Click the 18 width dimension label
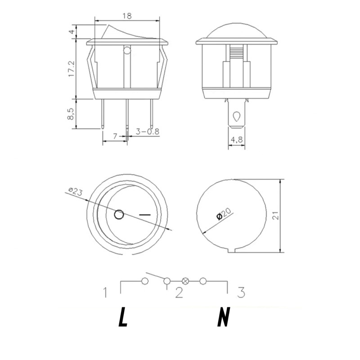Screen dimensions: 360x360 pyautogui.click(x=127, y=16)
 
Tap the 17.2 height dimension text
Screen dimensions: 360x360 pyautogui.click(x=72, y=69)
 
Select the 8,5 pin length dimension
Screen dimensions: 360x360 pyautogui.click(x=71, y=114)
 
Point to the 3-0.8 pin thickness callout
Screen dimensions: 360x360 pyautogui.click(x=148, y=131)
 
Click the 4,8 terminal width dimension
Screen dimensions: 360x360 pyautogui.click(x=237, y=139)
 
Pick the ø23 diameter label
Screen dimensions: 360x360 pyautogui.click(x=75, y=191)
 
